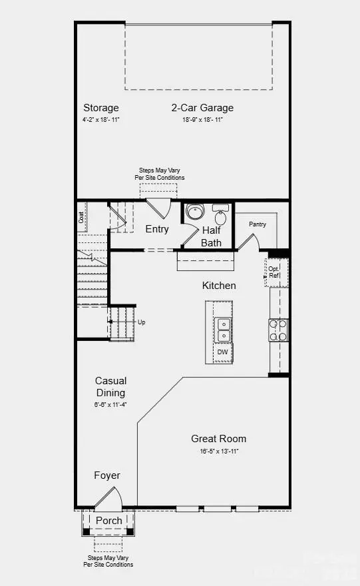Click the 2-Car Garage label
pos(202,108)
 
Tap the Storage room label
pos(101,108)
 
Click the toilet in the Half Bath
pos(220,216)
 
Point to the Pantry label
pos(258,224)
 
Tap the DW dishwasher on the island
pos(222,352)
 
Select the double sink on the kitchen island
pos(223,330)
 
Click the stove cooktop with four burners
pos(277,330)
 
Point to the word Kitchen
pos(219,286)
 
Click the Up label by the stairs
pos(141,322)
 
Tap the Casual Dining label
pos(110,387)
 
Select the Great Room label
pos(218,439)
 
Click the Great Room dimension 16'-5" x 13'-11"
pos(218,451)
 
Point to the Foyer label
pos(106,475)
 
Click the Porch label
pos(108,521)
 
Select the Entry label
pos(157,229)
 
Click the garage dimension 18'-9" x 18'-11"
pos(202,121)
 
